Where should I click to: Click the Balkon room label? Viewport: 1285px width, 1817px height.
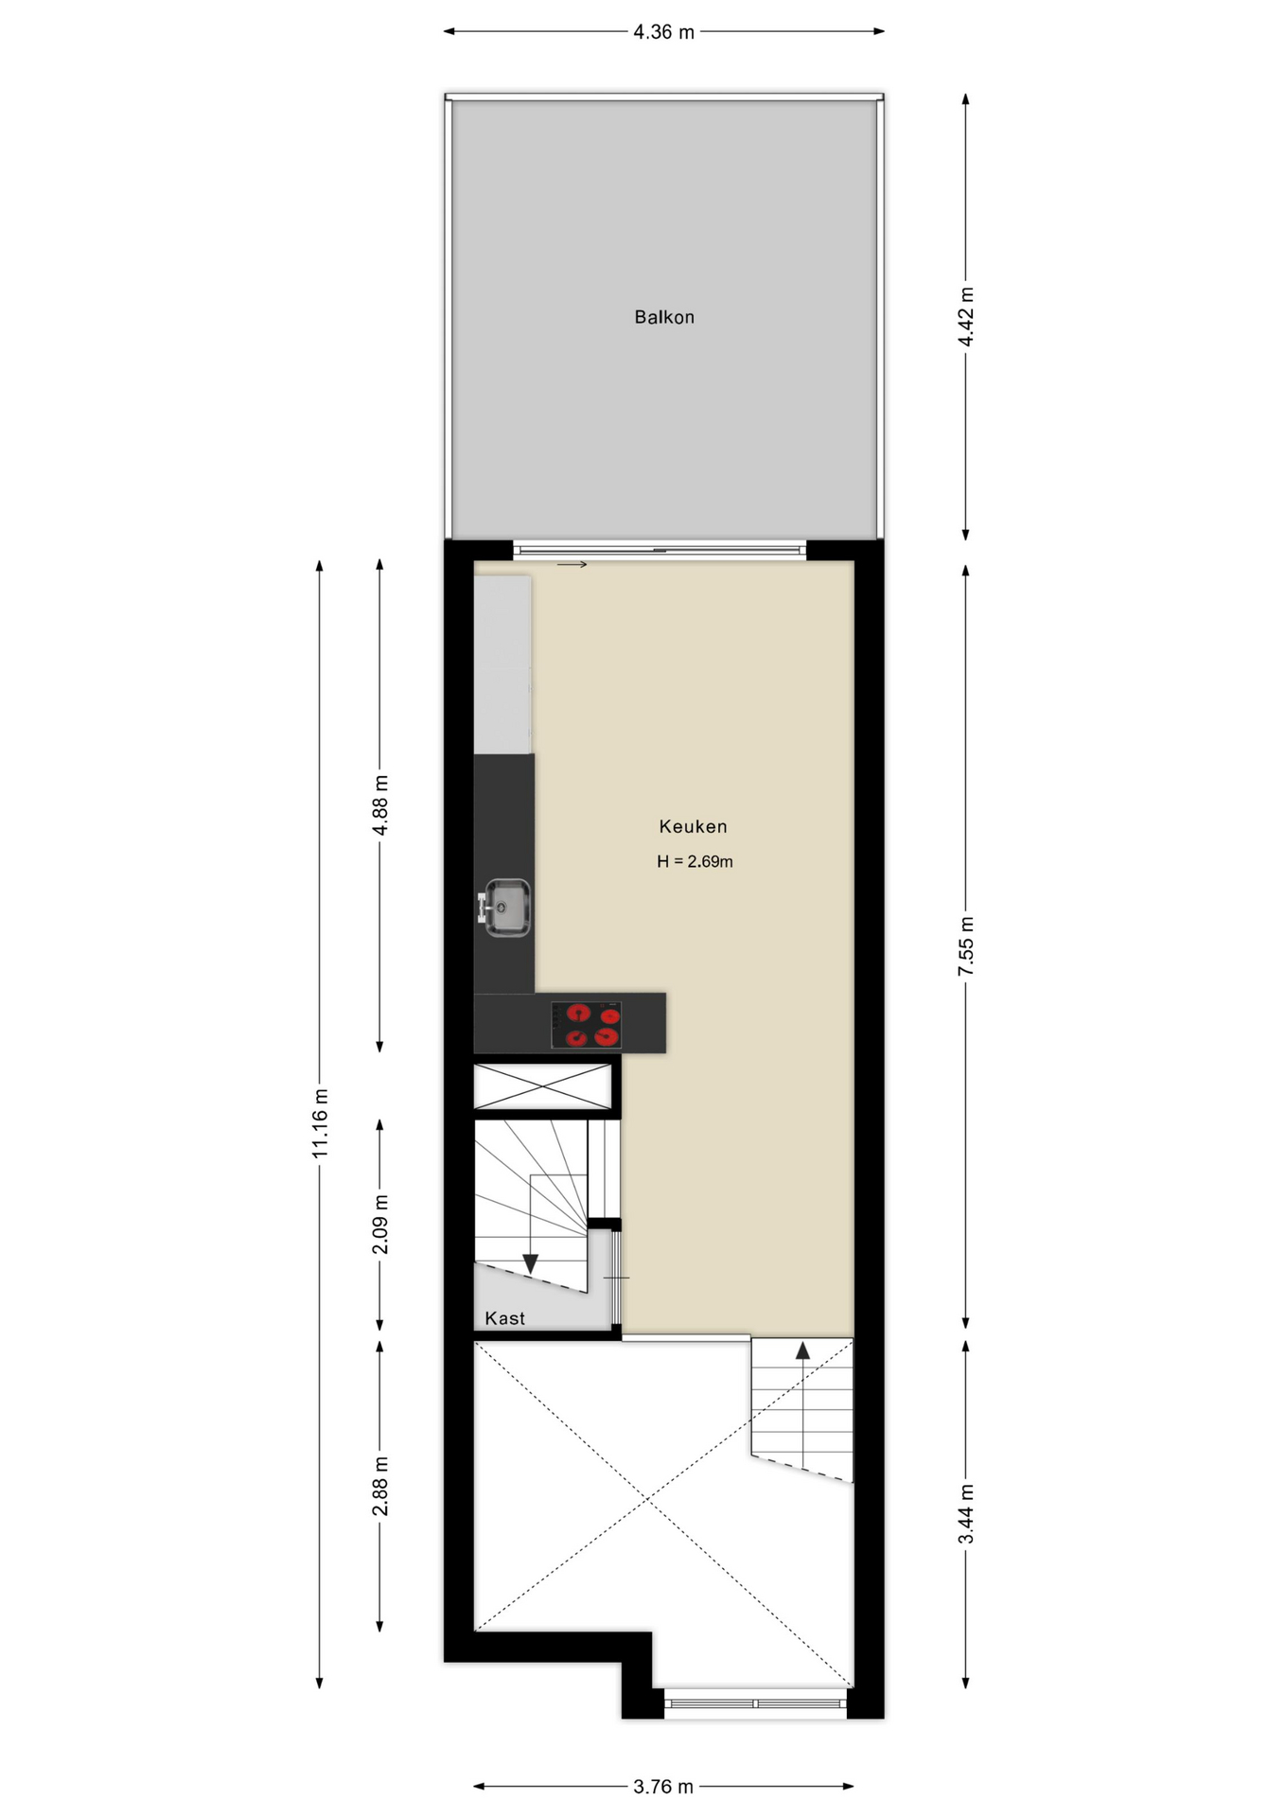pyautogui.click(x=664, y=317)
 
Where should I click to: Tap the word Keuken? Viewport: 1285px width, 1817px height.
pyautogui.click(x=694, y=826)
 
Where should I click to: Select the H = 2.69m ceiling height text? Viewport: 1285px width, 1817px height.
pyautogui.click(x=695, y=861)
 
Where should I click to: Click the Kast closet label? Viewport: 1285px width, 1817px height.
pyautogui.click(x=504, y=1318)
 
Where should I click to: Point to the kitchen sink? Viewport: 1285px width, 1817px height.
pyautogui.click(x=505, y=908)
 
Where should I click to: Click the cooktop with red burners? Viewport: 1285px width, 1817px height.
pyautogui.click(x=586, y=1025)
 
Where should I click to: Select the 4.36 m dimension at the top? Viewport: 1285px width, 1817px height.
pyautogui.click(x=663, y=32)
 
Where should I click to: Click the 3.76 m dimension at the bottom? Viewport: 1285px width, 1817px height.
pyautogui.click(x=663, y=1787)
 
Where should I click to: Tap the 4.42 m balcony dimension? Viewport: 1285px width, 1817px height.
pyautogui.click(x=966, y=317)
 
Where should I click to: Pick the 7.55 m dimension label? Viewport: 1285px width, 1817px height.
pyautogui.click(x=966, y=946)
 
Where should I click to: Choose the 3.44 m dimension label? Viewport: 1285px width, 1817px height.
pyautogui.click(x=966, y=1514)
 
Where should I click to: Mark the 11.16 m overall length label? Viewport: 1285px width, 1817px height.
pyautogui.click(x=320, y=1122)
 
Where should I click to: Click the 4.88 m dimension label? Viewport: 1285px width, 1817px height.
pyautogui.click(x=380, y=805)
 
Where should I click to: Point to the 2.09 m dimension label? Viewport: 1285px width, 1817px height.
pyautogui.click(x=380, y=1225)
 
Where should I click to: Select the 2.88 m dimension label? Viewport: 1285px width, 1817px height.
pyautogui.click(x=380, y=1486)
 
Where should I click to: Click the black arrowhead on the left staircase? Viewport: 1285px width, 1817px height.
pyautogui.click(x=531, y=1263)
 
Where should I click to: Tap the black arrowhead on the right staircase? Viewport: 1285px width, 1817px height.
pyautogui.click(x=802, y=1350)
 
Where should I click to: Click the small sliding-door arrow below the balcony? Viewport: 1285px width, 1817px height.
pyautogui.click(x=572, y=565)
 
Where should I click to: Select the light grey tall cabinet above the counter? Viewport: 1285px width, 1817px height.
pyautogui.click(x=502, y=664)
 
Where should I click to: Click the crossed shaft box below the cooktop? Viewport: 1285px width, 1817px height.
pyautogui.click(x=543, y=1086)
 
